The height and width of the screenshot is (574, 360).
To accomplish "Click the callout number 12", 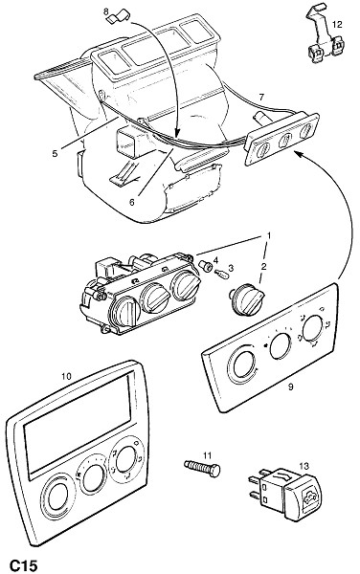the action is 337,25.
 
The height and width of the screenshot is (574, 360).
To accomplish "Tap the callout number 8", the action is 106,12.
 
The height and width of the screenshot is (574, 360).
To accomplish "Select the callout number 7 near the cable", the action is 261,97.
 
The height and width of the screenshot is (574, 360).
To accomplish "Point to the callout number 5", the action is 55,153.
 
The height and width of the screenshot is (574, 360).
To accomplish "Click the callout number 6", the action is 132,202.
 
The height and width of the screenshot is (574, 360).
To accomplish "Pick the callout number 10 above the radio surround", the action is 66,376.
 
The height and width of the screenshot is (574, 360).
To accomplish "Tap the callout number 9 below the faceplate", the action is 290,386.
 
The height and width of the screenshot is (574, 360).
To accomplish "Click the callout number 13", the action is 304,466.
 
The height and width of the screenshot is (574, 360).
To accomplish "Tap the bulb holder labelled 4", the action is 206,265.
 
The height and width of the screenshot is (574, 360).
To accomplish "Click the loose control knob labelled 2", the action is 245,299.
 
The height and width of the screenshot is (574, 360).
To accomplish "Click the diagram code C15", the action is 23,565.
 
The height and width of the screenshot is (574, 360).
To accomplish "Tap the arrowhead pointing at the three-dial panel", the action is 299,154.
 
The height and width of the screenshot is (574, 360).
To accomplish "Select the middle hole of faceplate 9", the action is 281,345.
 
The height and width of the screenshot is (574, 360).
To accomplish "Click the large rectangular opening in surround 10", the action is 78,425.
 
